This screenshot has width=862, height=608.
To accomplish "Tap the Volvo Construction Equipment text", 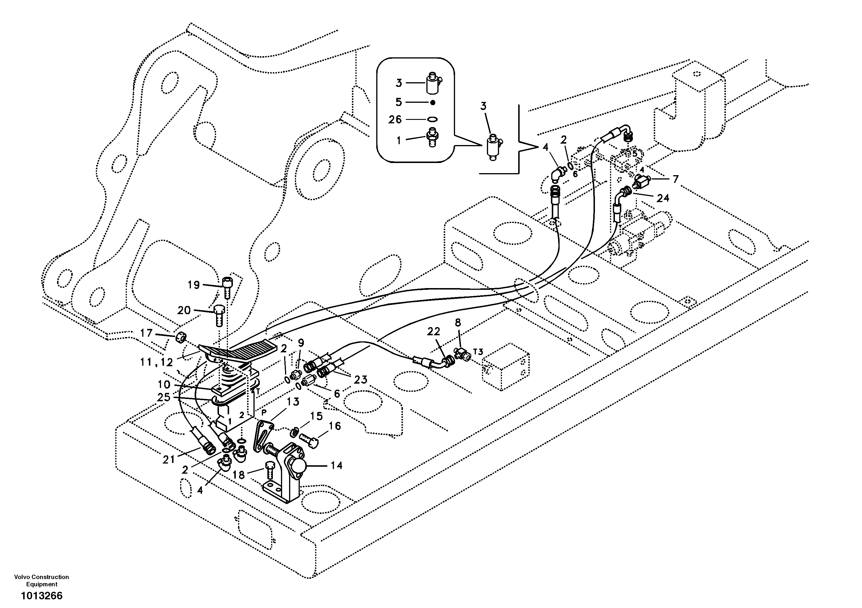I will [42, 580].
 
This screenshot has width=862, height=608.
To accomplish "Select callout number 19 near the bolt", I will [194, 285].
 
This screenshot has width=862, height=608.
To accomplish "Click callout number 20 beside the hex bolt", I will [184, 310].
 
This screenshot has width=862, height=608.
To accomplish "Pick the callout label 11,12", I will [157, 362].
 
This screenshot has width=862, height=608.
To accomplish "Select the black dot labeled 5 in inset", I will [432, 102].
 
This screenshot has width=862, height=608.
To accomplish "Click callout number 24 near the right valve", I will [663, 198].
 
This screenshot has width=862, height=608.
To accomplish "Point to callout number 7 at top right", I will [675, 180].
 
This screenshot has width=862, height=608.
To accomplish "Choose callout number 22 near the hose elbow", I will [433, 332].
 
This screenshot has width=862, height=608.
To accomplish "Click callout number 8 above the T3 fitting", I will [458, 323].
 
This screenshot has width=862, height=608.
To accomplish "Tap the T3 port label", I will [478, 352].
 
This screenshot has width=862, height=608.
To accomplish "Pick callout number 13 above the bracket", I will [293, 402].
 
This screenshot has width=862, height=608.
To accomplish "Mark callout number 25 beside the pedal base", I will [164, 397].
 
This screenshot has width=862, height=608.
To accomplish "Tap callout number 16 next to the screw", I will [335, 426].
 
